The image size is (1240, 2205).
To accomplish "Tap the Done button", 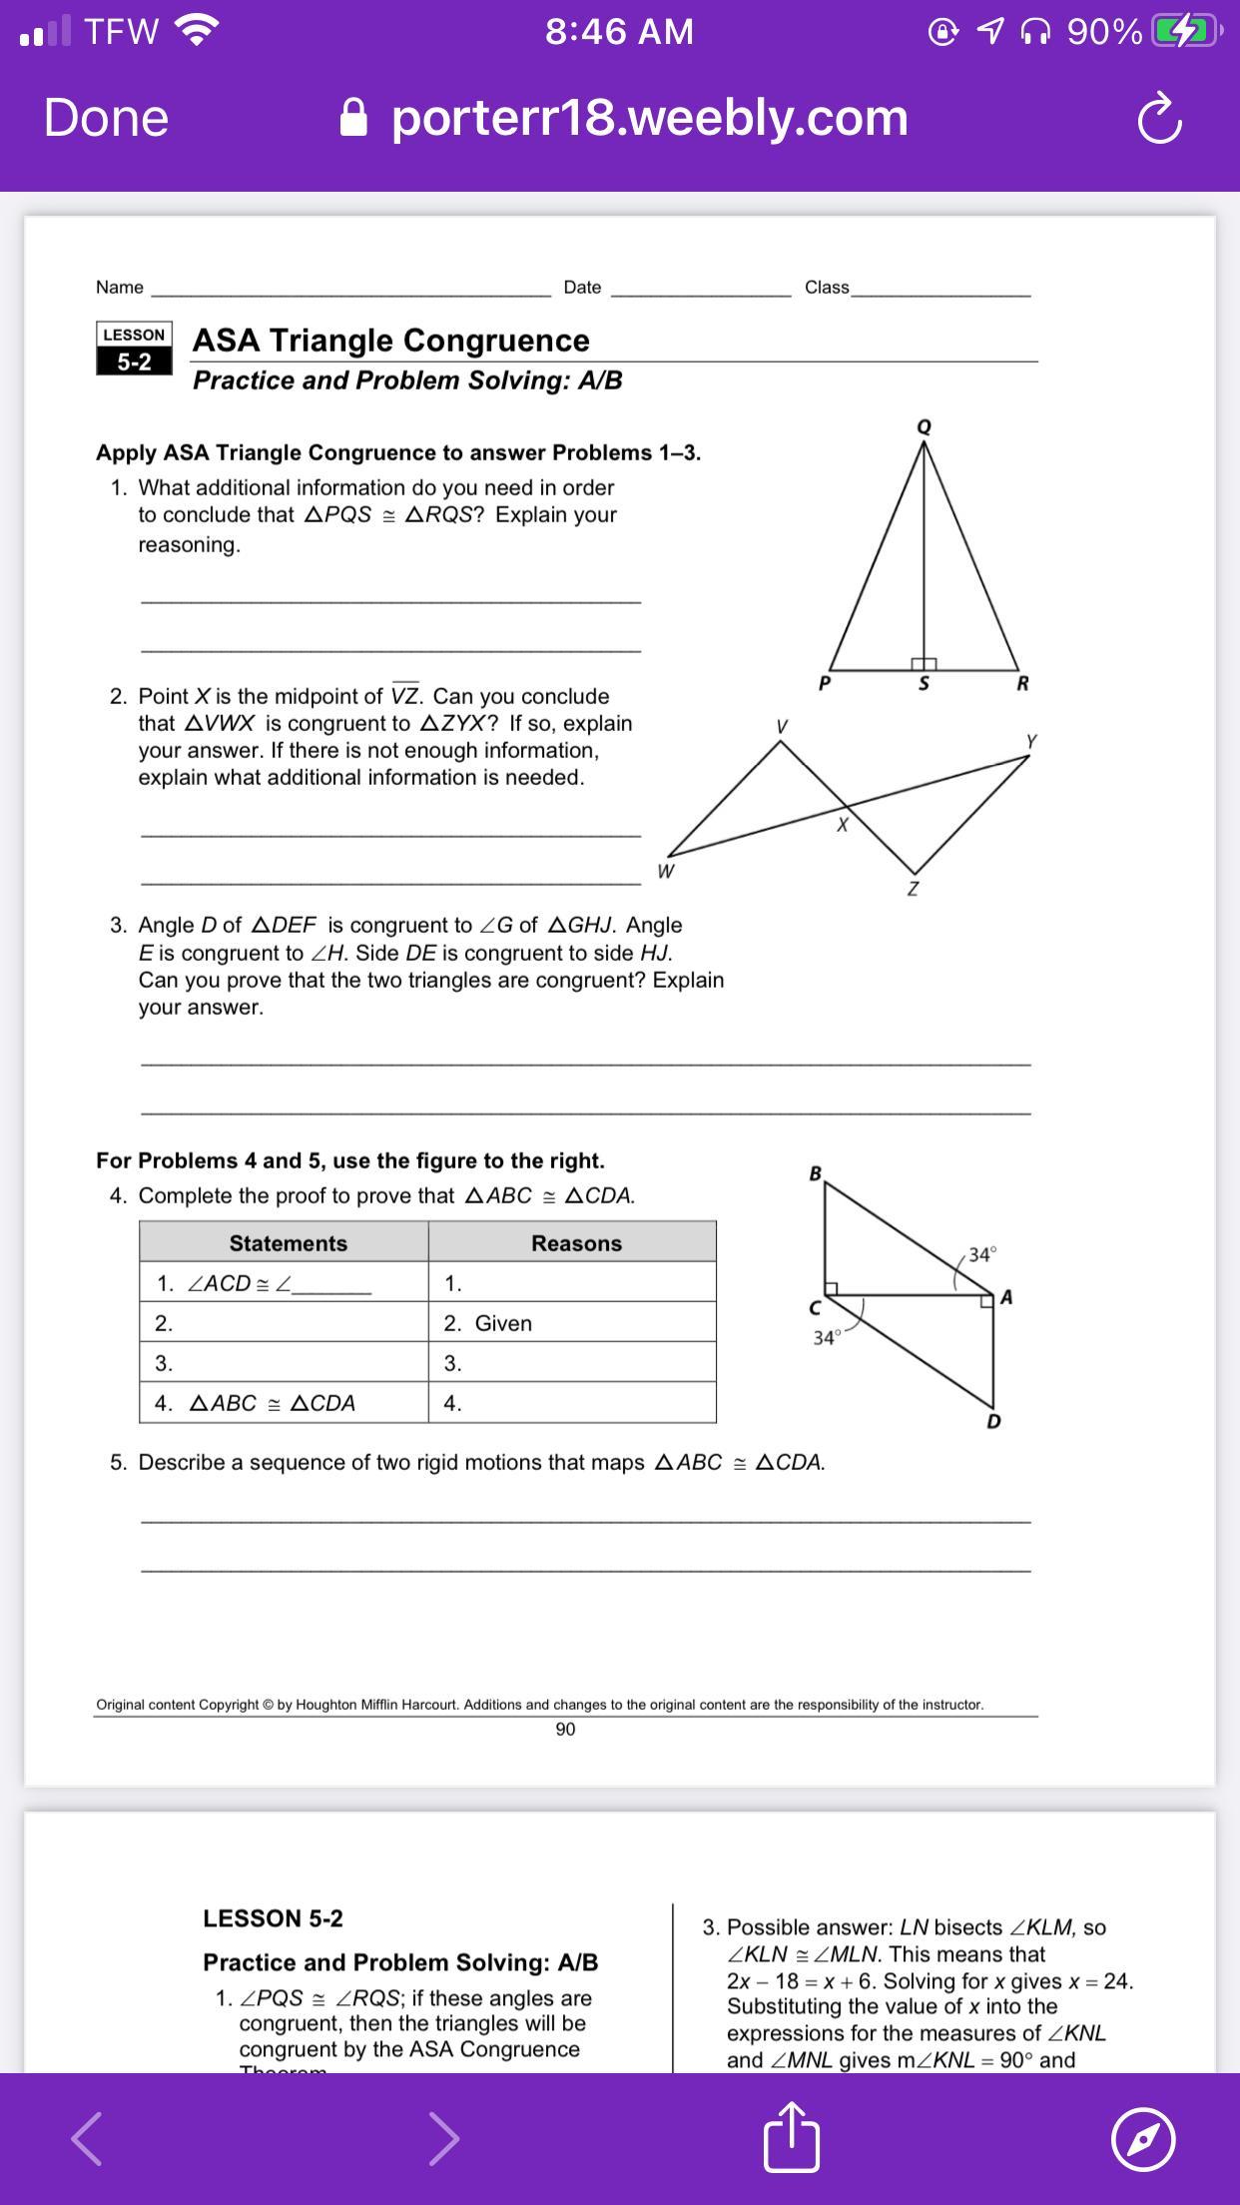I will tap(106, 118).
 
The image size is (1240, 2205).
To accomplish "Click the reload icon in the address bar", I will tap(1159, 119).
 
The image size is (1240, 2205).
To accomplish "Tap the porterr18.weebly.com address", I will tap(649, 118).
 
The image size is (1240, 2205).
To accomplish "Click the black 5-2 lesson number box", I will tap(135, 362).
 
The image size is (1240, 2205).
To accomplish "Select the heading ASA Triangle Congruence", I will tap(390, 341).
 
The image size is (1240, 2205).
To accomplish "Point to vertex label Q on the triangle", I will tap(924, 426).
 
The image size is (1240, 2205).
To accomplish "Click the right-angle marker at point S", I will tap(924, 663).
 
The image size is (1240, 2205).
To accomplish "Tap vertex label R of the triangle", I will tap(1021, 684).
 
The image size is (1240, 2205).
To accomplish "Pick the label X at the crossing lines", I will tap(842, 826).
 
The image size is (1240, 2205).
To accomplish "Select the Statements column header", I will tap(288, 1243).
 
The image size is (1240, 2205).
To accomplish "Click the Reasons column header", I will tap(576, 1243).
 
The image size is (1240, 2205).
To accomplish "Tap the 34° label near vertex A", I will tap(982, 1254).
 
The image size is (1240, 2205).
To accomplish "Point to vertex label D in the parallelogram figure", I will tap(992, 1421).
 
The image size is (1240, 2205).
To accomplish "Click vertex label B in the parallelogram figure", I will tap(815, 1173).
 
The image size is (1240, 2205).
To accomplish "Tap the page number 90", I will tap(565, 1730).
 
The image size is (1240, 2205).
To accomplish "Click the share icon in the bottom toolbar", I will tap(792, 2136).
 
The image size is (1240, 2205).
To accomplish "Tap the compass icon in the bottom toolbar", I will tap(1142, 2138).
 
